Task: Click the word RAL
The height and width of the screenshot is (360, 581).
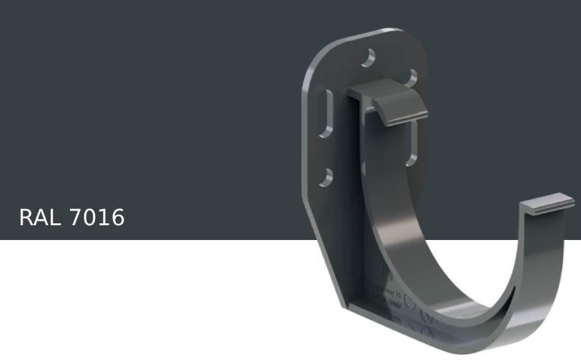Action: pyautogui.click(x=41, y=218)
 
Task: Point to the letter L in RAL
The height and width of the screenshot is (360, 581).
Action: pyautogui.click(x=56, y=218)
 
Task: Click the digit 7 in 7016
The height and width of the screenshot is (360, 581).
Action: pyautogui.click(x=75, y=218)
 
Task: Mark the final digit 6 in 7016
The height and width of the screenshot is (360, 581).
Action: pyautogui.click(x=117, y=218)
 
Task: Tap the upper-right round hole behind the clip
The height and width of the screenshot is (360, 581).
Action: pyautogui.click(x=411, y=78)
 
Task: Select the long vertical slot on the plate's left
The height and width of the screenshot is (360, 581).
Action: pyautogui.click(x=327, y=114)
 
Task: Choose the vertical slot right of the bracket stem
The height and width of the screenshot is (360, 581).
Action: pyautogui.click(x=412, y=142)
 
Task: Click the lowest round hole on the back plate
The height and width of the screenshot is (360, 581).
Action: pyautogui.click(x=326, y=176)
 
